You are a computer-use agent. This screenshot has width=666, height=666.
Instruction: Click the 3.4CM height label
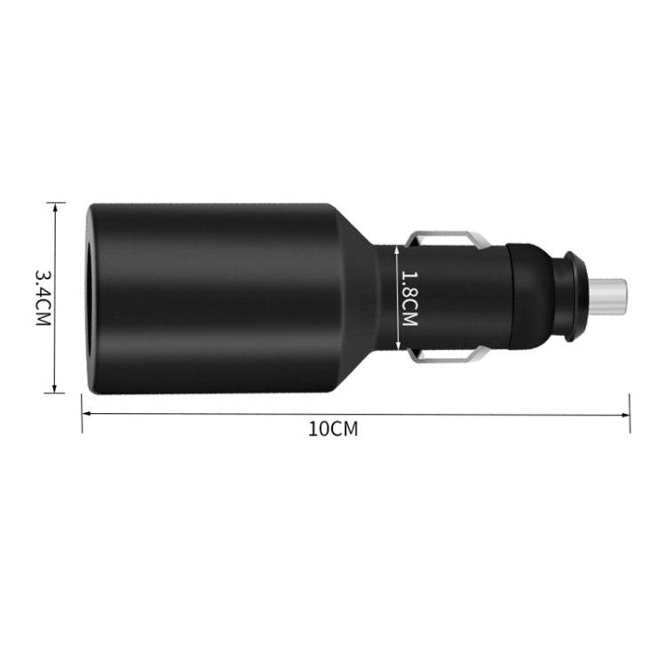pyautogui.click(x=41, y=297)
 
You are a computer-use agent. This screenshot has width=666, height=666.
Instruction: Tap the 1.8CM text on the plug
pyautogui.click(x=408, y=298)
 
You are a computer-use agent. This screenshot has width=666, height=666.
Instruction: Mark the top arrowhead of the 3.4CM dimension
pyautogui.click(x=55, y=207)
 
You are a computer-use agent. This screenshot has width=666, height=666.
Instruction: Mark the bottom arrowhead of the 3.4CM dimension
pyautogui.click(x=55, y=388)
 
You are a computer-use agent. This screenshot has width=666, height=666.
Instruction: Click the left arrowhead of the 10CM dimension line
pyautogui.click(x=86, y=414)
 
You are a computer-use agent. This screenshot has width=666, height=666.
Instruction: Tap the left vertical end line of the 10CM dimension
pyautogui.click(x=82, y=414)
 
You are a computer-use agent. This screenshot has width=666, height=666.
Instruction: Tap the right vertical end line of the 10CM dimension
pyautogui.click(x=630, y=414)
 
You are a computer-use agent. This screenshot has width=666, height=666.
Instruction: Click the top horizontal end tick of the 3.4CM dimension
pyautogui.click(x=55, y=202)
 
